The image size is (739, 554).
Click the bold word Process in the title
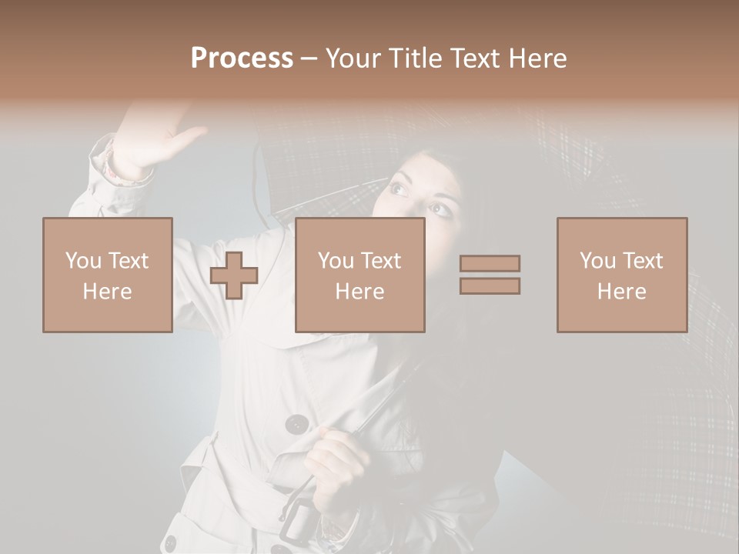pos(242,58)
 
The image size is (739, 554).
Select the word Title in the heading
pos(415,58)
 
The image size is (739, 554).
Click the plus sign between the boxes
pos(234,275)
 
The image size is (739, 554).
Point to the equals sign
pos(490,275)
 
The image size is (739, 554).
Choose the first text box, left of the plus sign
pos(108,275)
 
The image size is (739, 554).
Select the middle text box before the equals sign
pos(359,275)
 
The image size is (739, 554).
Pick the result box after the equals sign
pos(622,275)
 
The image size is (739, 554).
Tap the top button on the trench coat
pos(296,424)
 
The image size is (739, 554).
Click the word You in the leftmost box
pos(83,261)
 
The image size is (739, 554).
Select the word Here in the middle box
pos(359,292)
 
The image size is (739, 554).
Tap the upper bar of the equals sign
pos(490,264)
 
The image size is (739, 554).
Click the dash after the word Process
pos(309,58)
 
